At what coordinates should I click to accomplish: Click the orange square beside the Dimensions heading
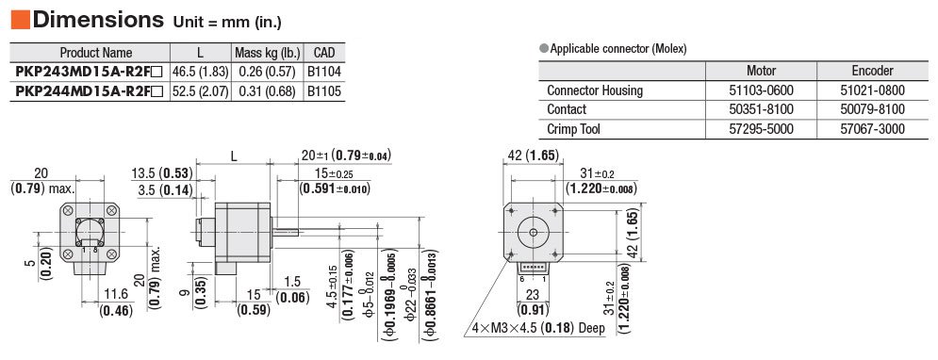(21, 20)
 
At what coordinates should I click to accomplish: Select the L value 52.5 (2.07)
(201, 91)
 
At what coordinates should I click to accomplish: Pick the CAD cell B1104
(324, 73)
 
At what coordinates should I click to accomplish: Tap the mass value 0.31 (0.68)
(267, 91)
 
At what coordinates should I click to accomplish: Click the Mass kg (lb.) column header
(268, 52)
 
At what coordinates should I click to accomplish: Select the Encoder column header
(872, 71)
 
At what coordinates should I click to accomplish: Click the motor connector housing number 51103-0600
(761, 90)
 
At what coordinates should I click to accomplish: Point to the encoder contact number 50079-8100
(872, 109)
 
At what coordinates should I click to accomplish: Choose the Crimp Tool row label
(573, 128)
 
